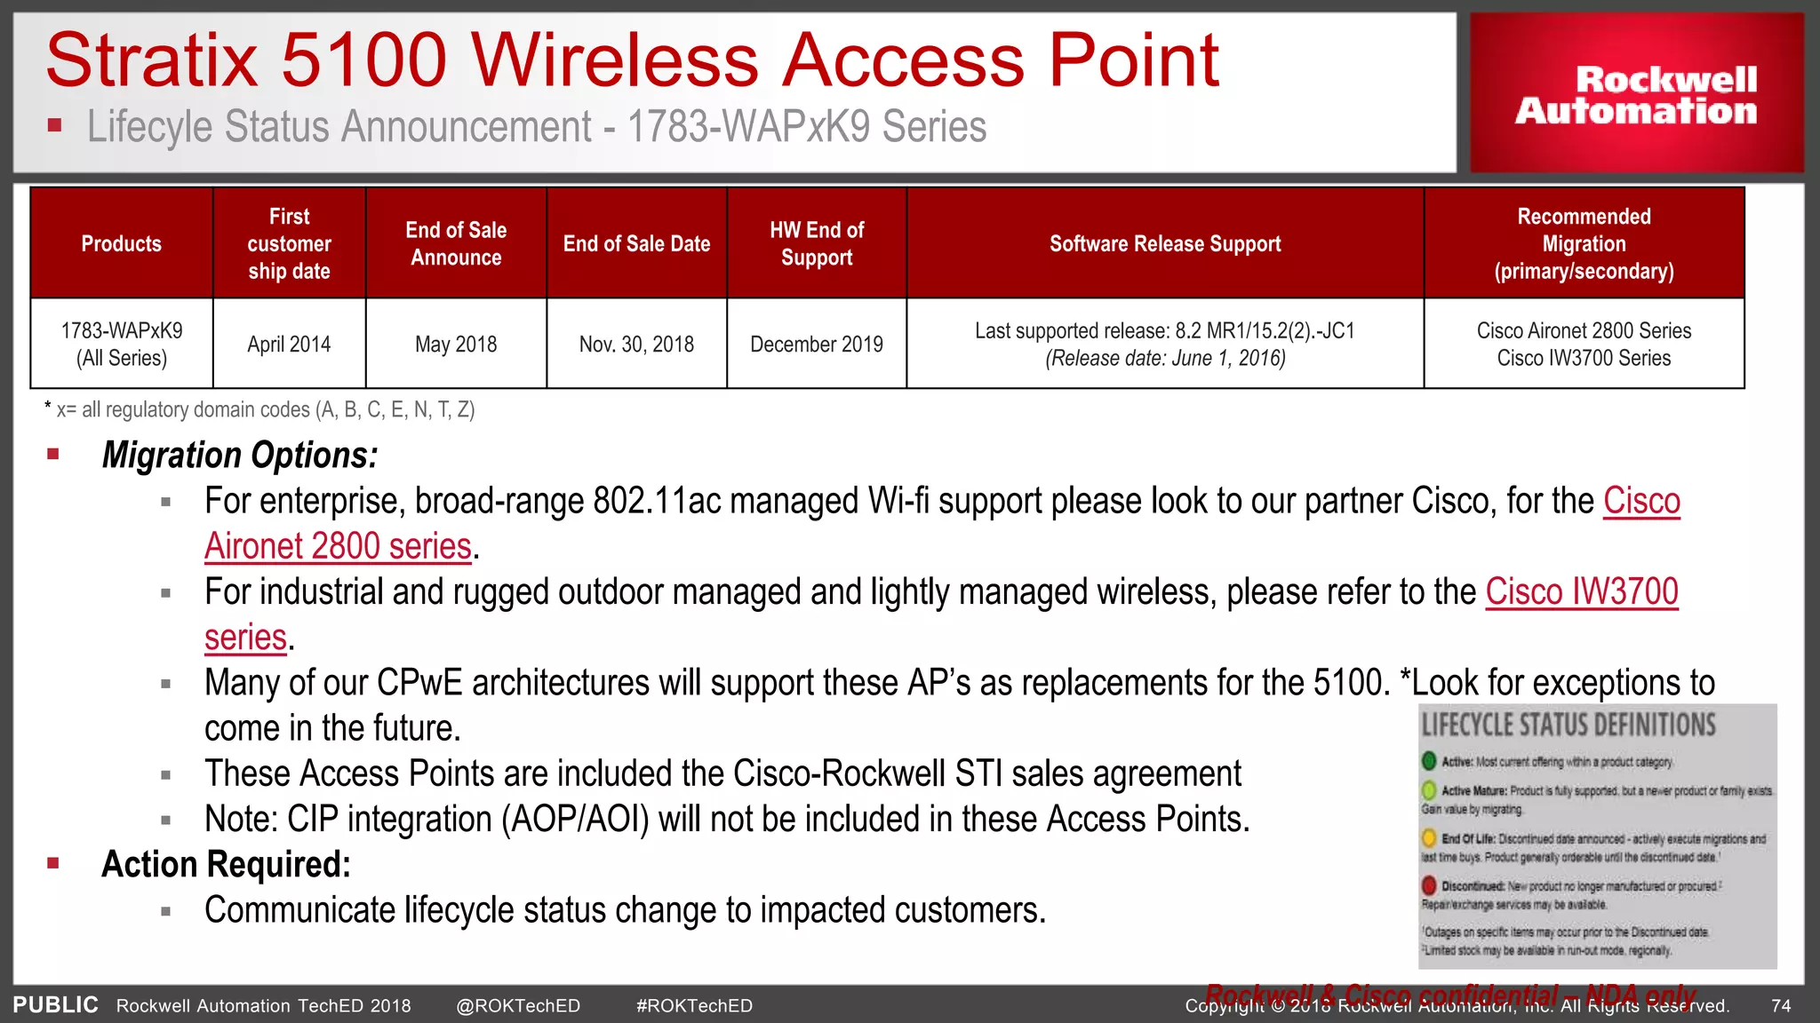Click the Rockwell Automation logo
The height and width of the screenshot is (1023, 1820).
[1636, 94]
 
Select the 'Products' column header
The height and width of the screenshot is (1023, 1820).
[122, 243]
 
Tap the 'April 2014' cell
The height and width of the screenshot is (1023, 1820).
[289, 344]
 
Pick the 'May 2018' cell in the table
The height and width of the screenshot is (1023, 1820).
[456, 344]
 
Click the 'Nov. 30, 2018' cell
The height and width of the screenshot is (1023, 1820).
[636, 344]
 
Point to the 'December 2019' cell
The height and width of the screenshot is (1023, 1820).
[817, 344]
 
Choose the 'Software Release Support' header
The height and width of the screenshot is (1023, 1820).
[1165, 243]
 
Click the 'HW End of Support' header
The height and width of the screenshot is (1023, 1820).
[817, 243]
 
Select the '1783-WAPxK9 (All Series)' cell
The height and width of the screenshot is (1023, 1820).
[122, 344]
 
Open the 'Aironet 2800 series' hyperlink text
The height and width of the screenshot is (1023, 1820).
[338, 546]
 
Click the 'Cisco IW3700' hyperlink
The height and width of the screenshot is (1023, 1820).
[1582, 591]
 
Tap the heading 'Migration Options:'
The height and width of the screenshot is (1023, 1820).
[240, 455]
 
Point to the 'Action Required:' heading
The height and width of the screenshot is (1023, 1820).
[226, 864]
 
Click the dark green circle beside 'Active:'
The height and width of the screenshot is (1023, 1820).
[1429, 761]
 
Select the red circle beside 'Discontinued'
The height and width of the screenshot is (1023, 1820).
[1429, 885]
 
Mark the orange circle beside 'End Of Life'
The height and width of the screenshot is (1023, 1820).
[1429, 837]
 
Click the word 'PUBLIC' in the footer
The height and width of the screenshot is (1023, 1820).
[55, 1004]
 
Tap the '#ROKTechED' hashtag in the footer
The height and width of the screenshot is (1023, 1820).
[694, 1005]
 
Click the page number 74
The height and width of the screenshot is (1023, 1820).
[1781, 1005]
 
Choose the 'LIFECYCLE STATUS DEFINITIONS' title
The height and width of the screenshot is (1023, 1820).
[1569, 725]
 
